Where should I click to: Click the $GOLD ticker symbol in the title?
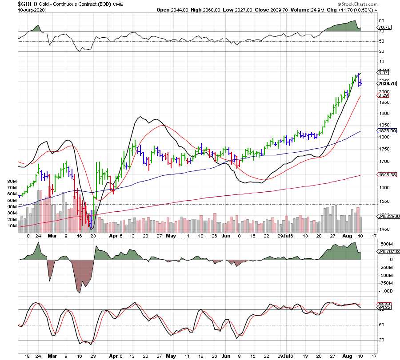click(28, 4)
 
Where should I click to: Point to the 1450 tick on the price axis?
click(384, 229)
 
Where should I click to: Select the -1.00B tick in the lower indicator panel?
click(385, 291)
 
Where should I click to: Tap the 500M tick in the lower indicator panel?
click(384, 244)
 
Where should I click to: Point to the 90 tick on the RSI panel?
click(381, 20)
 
